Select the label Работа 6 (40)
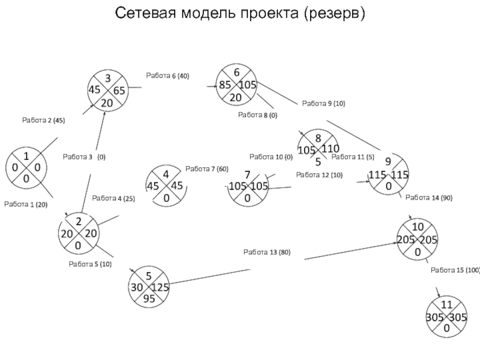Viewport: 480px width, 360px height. click(167, 76)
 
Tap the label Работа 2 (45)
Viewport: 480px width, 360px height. click(43, 121)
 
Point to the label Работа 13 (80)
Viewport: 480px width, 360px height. click(266, 252)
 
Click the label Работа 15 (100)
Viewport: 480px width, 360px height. click(455, 271)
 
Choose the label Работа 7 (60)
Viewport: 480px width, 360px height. click(206, 169)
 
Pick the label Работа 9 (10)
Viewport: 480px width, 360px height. click(323, 104)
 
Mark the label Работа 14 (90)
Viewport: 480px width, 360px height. click(428, 197)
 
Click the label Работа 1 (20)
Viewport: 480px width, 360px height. click(25, 205)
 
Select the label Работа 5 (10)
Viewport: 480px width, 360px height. click(90, 264)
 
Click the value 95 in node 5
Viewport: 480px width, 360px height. click(148, 298)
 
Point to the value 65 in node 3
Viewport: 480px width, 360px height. click(119, 91)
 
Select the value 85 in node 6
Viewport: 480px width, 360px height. click(226, 85)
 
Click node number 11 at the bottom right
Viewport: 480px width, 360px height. click(446, 305)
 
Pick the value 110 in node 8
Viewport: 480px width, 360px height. click(330, 148)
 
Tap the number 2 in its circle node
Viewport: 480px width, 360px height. click(77, 223)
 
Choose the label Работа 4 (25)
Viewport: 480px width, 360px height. click(113, 199)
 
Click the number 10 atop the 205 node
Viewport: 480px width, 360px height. click(417, 227)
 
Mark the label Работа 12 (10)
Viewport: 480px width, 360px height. click(319, 175)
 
